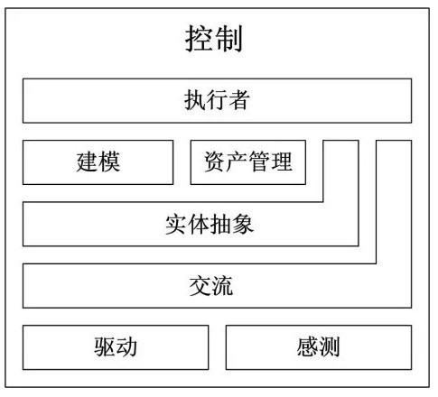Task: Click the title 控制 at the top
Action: point(214,39)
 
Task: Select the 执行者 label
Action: point(217,100)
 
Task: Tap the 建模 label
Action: point(98,162)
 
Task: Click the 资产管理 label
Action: point(248,162)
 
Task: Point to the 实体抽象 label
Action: point(210,225)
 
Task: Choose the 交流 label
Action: point(211,286)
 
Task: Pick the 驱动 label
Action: point(116,347)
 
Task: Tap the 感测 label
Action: point(319,347)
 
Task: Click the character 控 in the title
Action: point(199,39)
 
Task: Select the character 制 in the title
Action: point(228,39)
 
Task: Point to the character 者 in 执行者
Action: point(238,100)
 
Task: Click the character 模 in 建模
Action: point(109,162)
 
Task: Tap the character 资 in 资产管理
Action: point(215,162)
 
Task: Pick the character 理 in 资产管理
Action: point(282,162)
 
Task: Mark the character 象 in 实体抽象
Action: point(243,225)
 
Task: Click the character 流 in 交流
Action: point(222,286)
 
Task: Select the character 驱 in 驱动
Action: point(105,347)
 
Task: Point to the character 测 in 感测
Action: point(330,347)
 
